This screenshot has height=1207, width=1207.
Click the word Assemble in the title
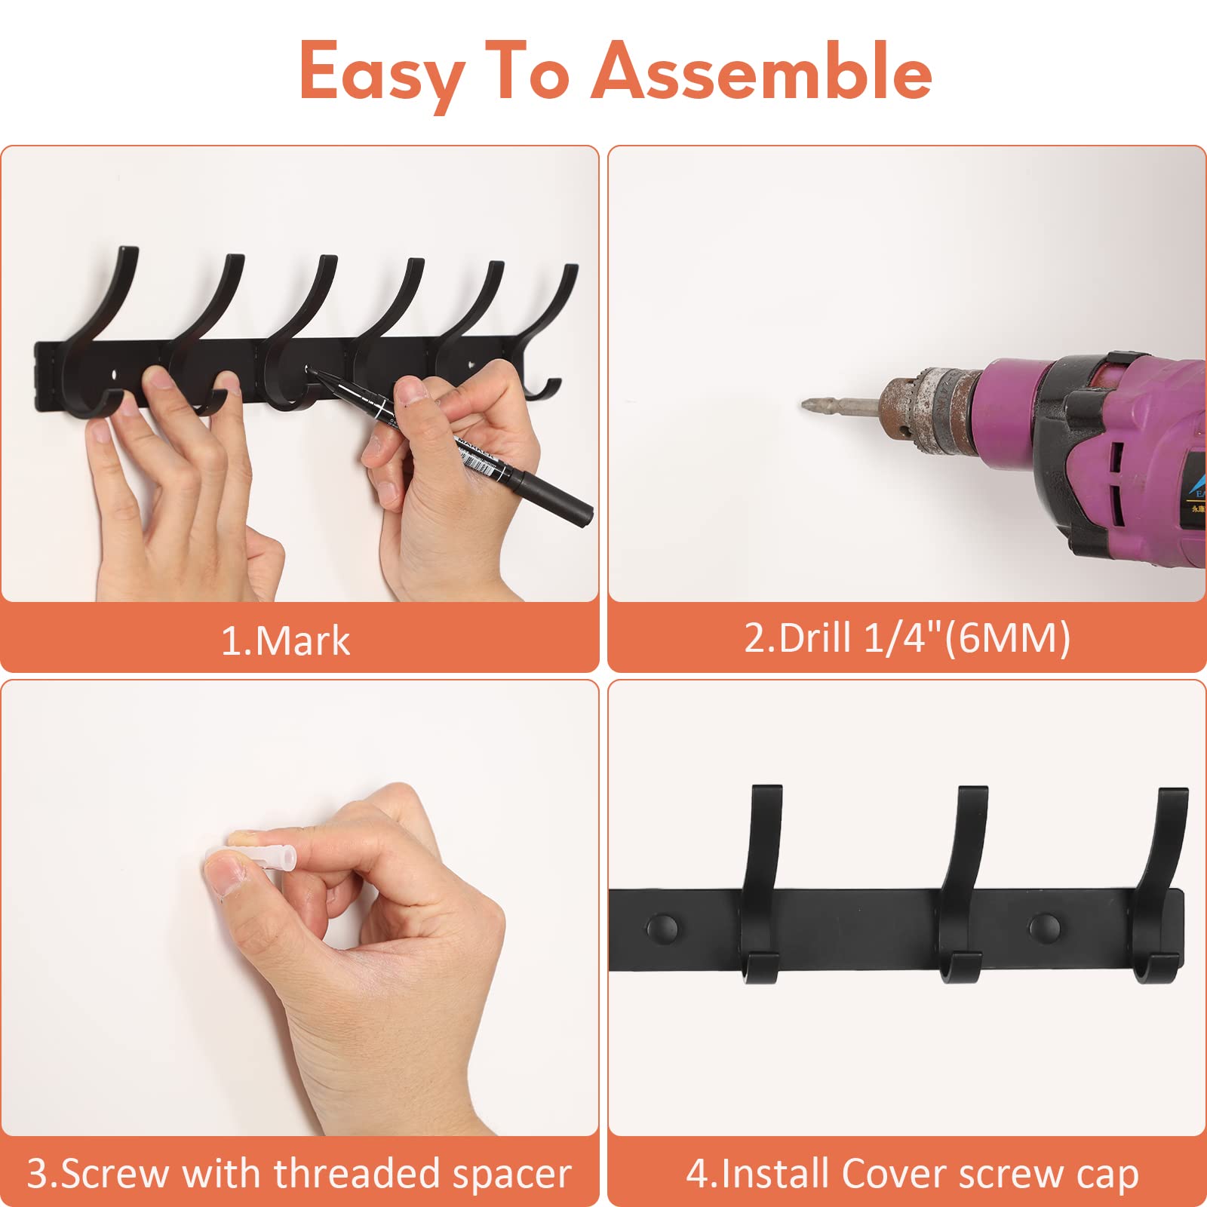click(x=763, y=72)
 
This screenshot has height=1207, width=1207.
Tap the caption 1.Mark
click(x=285, y=640)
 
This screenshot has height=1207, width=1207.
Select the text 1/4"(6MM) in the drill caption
click(x=966, y=637)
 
